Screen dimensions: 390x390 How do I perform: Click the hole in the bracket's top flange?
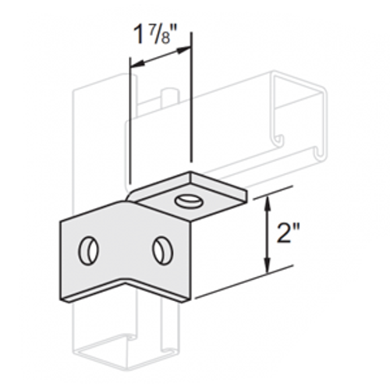[187, 200]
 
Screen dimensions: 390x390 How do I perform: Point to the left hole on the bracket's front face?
[88, 250]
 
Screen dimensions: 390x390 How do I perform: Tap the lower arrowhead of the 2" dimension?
[268, 263]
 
